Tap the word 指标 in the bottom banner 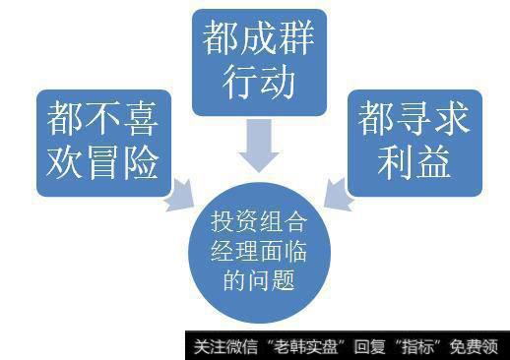pyautogui.click(x=424, y=347)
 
